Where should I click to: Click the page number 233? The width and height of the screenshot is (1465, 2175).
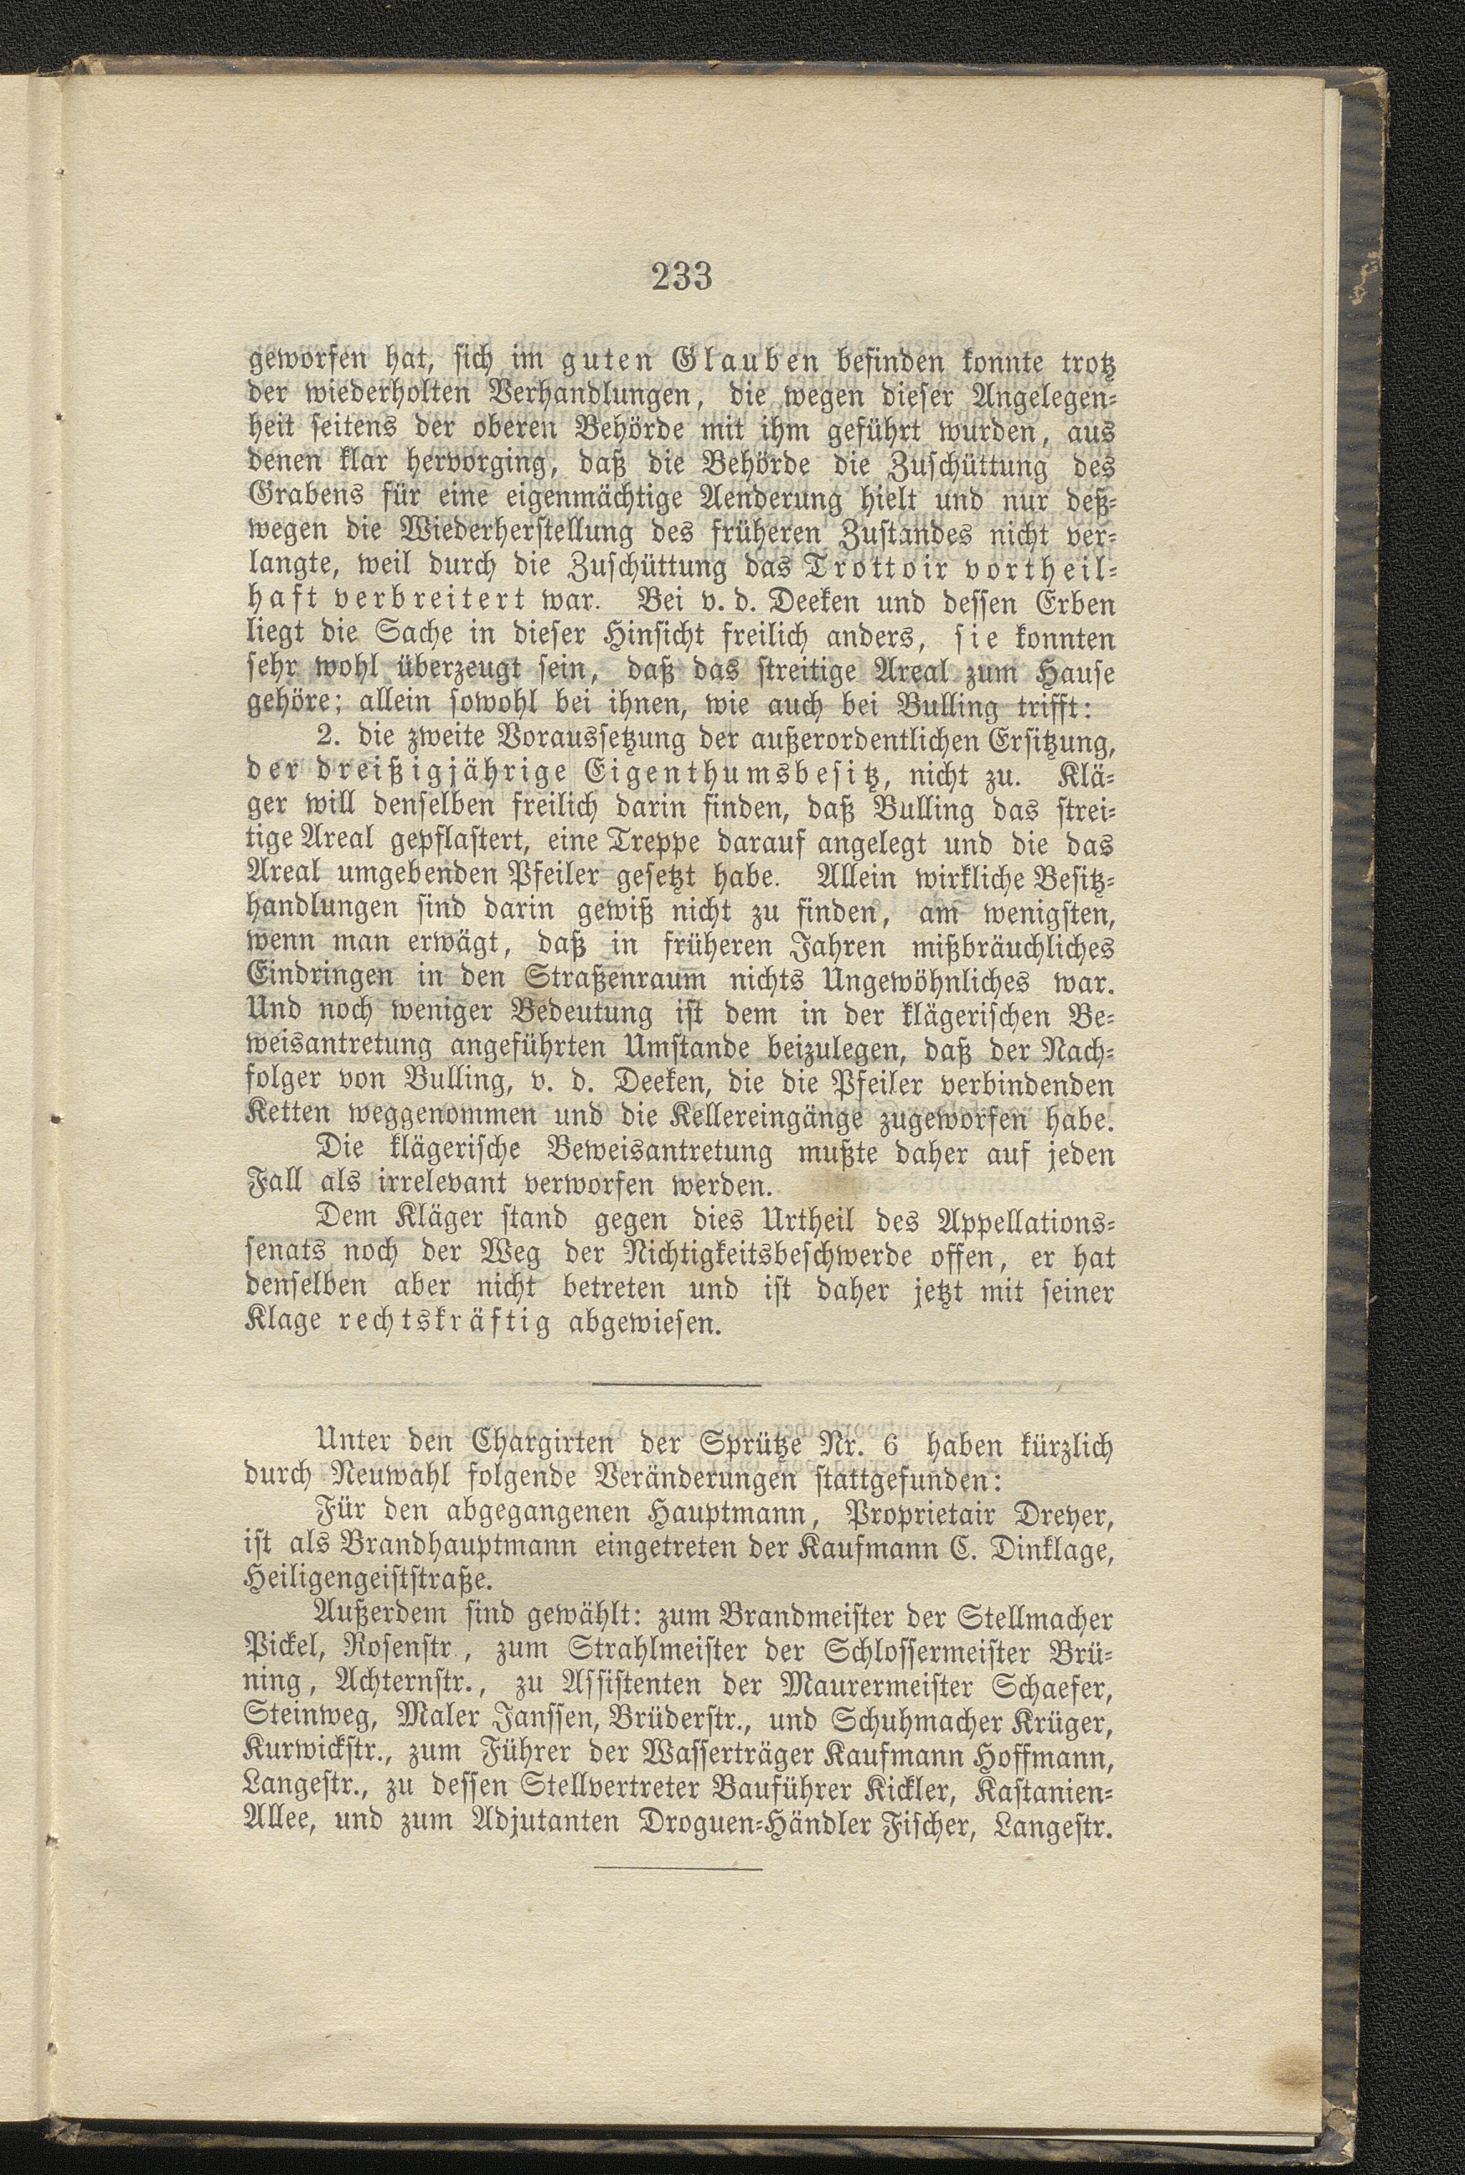[x=682, y=277]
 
